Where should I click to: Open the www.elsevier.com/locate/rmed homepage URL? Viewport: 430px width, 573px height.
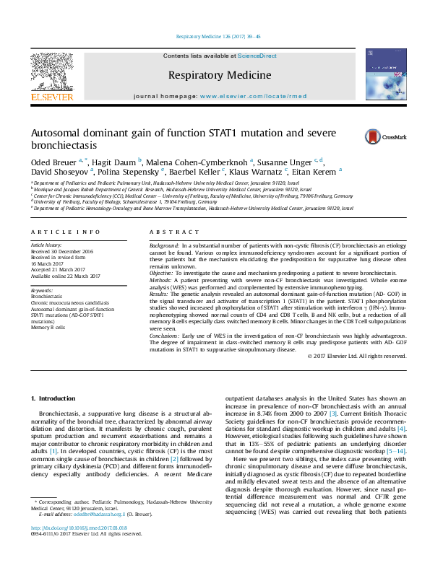[253, 96]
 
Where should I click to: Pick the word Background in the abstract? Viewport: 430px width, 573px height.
[164, 246]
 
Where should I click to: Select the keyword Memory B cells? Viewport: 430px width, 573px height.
[48, 327]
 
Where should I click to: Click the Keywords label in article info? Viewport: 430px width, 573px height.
[42, 289]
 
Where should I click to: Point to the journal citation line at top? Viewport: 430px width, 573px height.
[214, 37]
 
